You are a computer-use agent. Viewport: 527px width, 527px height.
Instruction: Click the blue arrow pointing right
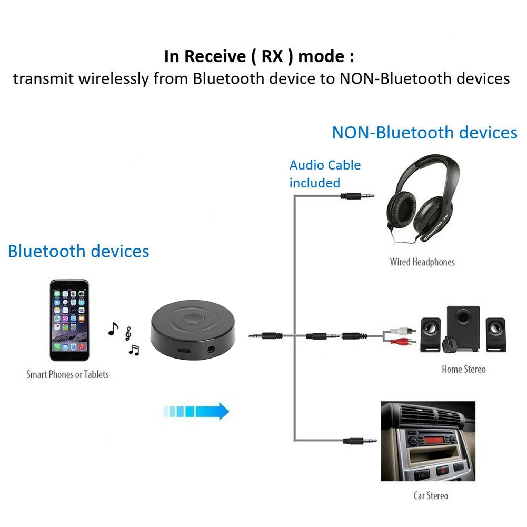[x=196, y=411]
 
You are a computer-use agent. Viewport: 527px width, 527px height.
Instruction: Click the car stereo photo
[x=427, y=441]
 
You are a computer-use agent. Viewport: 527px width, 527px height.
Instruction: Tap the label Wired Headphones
[x=422, y=262]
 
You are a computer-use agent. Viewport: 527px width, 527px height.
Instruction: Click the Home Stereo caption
[x=463, y=369]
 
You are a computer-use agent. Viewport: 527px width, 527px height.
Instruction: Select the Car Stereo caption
[x=431, y=495]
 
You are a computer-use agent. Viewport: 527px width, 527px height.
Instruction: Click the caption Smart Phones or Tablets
[x=67, y=375]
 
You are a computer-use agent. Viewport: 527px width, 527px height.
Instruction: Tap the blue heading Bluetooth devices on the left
[x=78, y=251]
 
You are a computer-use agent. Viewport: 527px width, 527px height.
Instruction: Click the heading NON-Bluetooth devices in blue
[x=424, y=132]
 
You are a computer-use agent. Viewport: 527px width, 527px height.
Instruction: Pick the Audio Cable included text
[x=325, y=174]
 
